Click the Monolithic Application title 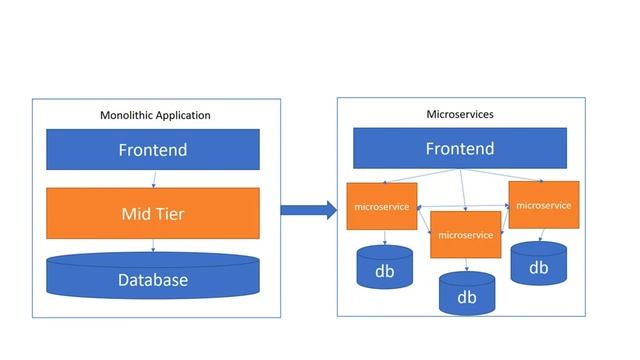click(155, 115)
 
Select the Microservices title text click(460, 114)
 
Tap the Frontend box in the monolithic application click(153, 150)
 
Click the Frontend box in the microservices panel click(460, 148)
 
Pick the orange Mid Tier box click(153, 212)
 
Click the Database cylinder click(153, 278)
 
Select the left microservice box click(381, 207)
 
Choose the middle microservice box click(465, 235)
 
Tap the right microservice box click(544, 205)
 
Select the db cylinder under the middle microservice click(466, 294)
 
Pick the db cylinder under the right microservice click(538, 264)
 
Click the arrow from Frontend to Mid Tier click(153, 179)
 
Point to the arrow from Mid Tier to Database click(153, 245)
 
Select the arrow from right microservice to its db click(541, 235)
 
